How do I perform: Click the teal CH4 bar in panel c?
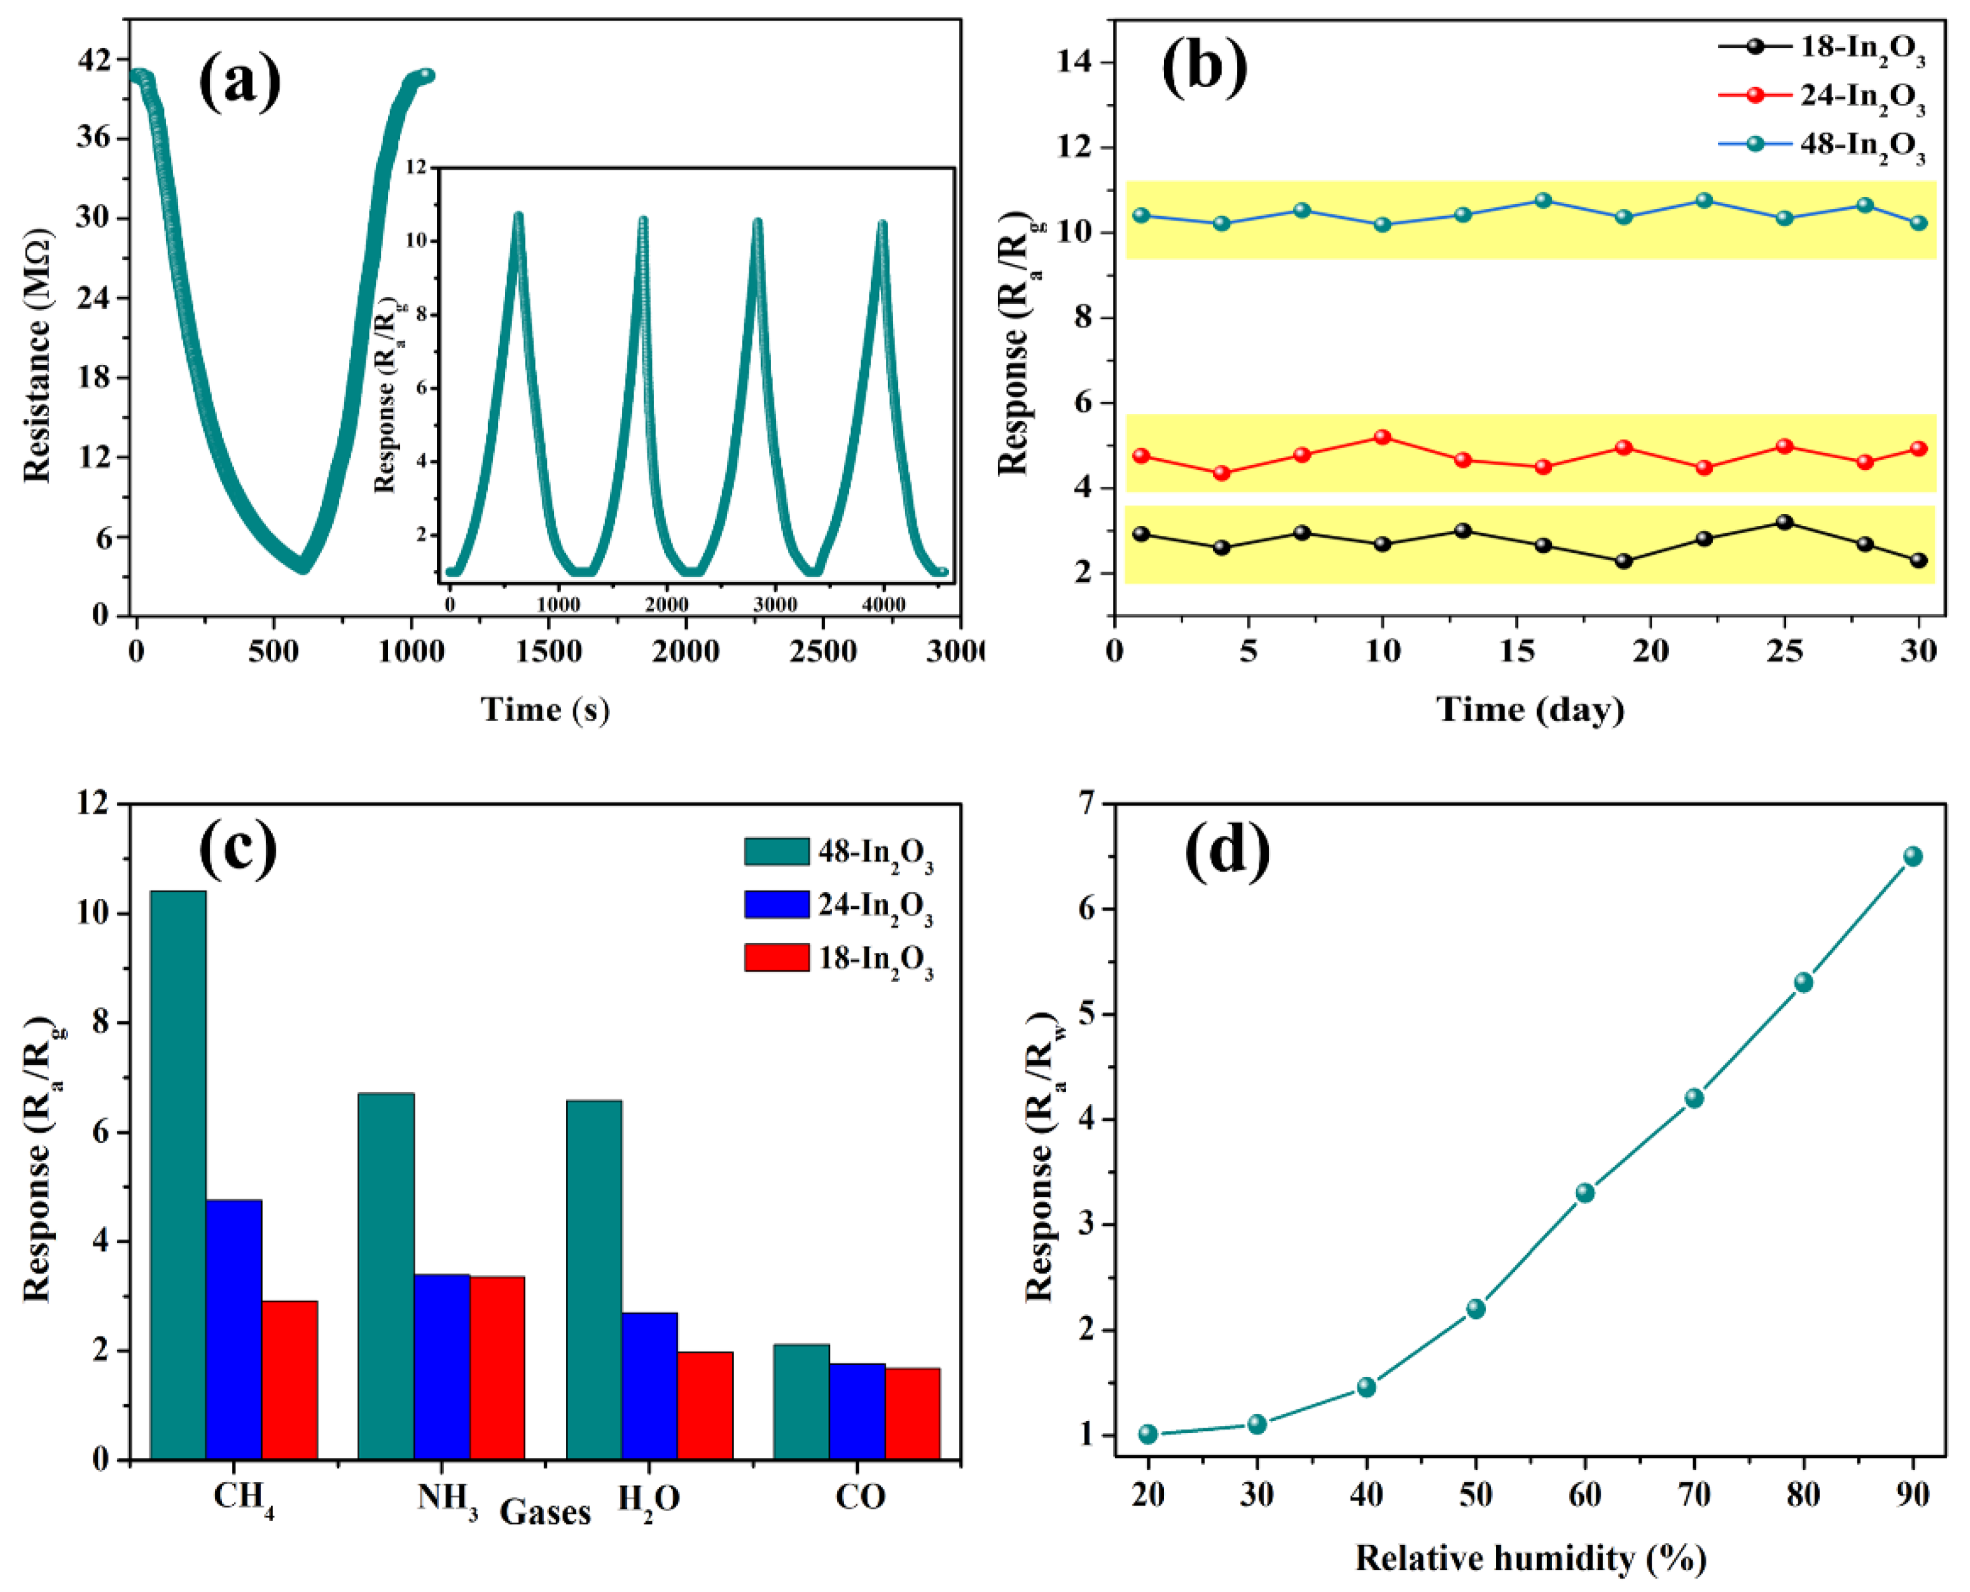click(178, 1174)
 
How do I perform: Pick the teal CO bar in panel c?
click(801, 1401)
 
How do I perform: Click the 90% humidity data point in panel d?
click(1912, 855)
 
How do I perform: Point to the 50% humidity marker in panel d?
click(1476, 1309)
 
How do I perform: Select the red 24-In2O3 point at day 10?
click(1382, 438)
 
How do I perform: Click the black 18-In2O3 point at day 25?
click(1785, 522)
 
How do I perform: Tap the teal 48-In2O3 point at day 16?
click(1543, 200)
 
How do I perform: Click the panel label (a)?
click(239, 81)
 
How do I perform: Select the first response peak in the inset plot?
click(518, 216)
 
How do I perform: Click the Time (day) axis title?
click(1530, 709)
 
